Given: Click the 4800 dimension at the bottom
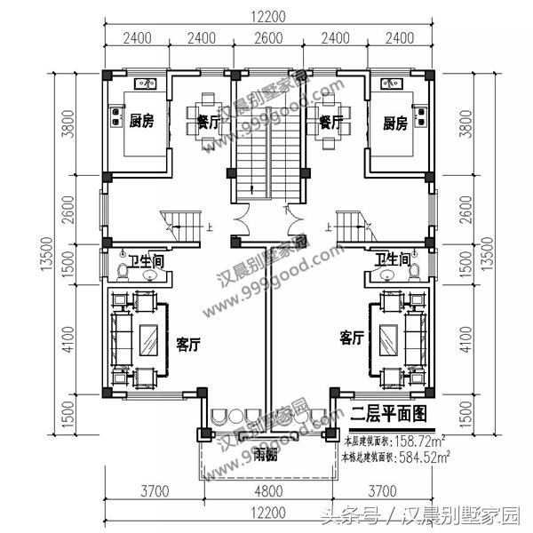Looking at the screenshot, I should [266, 490].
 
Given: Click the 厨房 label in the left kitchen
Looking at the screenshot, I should [141, 122].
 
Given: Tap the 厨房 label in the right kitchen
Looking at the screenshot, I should [396, 123].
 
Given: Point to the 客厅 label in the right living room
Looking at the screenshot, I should [352, 338].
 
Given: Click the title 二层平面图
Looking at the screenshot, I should [388, 413].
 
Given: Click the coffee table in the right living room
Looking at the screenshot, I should [387, 338].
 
